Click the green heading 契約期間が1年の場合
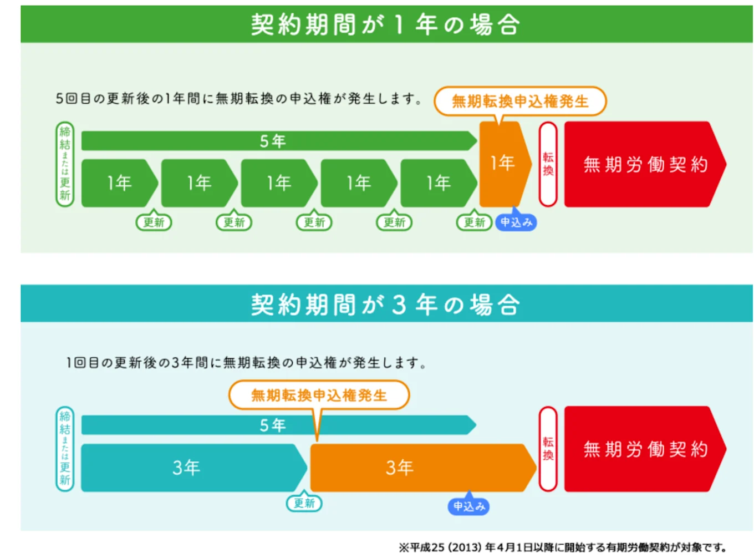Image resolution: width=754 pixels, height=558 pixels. point(386,24)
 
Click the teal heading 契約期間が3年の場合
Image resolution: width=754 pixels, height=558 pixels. point(386,304)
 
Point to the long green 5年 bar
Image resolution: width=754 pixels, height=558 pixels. point(277,141)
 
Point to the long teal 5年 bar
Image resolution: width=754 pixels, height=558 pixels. point(277,425)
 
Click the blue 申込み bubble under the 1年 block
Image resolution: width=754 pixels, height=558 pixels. point(516,222)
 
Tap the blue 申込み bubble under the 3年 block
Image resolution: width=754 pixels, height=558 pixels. point(469,506)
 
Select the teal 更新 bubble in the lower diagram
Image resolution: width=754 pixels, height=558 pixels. point(304,503)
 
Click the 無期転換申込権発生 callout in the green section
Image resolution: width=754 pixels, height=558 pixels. point(520,101)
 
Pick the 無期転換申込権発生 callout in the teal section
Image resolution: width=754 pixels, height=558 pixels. point(319,395)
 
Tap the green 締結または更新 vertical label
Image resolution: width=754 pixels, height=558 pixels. point(65,164)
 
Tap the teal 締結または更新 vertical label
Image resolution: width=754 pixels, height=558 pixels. point(65,449)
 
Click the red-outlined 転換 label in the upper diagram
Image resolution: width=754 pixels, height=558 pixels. point(548,164)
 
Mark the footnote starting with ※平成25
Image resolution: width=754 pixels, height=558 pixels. point(562,547)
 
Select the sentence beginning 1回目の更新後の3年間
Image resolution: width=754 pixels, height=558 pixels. point(246,363)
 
